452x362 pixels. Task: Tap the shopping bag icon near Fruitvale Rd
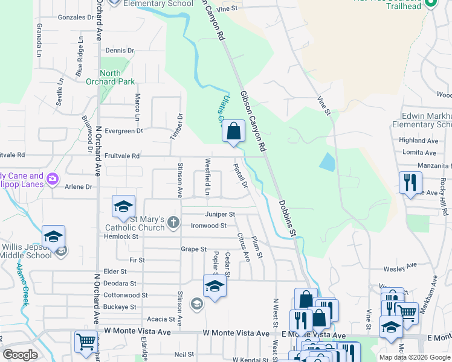233,131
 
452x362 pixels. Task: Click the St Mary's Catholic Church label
135,223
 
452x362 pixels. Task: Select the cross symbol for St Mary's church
173,223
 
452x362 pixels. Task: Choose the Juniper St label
220,214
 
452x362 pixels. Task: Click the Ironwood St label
208,226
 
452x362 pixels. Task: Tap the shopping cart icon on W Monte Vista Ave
86,341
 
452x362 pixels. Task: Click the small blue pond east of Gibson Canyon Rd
326,161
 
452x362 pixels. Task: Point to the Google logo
21,355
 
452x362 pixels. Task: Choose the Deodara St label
120,283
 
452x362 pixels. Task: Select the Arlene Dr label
79,187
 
